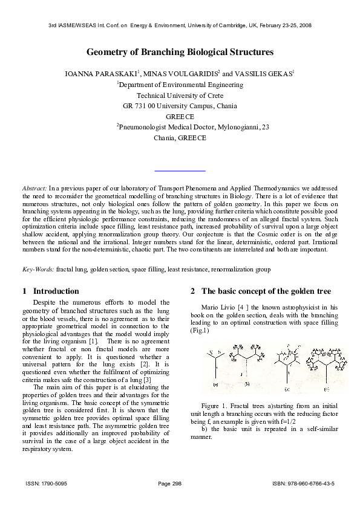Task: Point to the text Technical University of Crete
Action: click(180, 96)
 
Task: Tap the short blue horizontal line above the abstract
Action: click(180, 172)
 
